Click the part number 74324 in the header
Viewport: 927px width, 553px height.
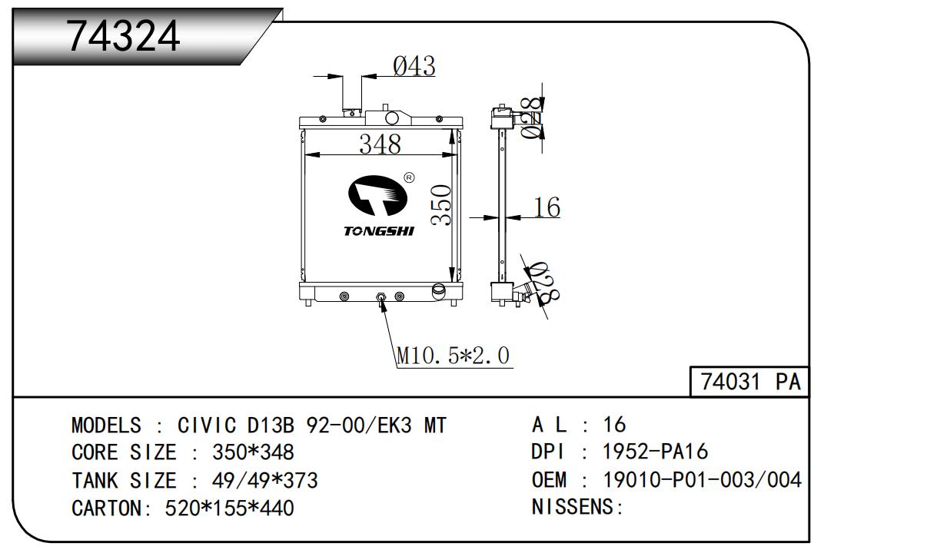(x=124, y=36)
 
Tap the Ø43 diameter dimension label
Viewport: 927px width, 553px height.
(x=414, y=67)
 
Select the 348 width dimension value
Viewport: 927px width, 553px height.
(x=380, y=144)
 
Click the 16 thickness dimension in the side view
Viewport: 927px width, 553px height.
(x=547, y=207)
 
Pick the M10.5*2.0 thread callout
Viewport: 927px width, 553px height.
(x=453, y=356)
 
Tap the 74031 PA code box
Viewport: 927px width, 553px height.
(x=750, y=382)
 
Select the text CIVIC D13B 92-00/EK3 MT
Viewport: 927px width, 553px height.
(x=311, y=425)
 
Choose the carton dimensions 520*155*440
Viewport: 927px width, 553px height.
(x=229, y=508)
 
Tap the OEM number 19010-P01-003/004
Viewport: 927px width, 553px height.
(x=703, y=480)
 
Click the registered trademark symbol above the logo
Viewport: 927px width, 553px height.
(x=409, y=177)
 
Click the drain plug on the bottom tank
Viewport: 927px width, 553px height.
(x=380, y=298)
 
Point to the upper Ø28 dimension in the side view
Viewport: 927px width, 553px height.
(x=530, y=117)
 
